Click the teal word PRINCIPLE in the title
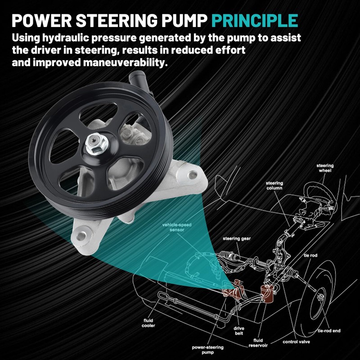(255, 20)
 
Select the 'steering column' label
(274, 186)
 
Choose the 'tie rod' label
(310, 255)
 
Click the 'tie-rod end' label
(328, 331)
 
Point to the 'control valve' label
(295, 342)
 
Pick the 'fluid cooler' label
(149, 322)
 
